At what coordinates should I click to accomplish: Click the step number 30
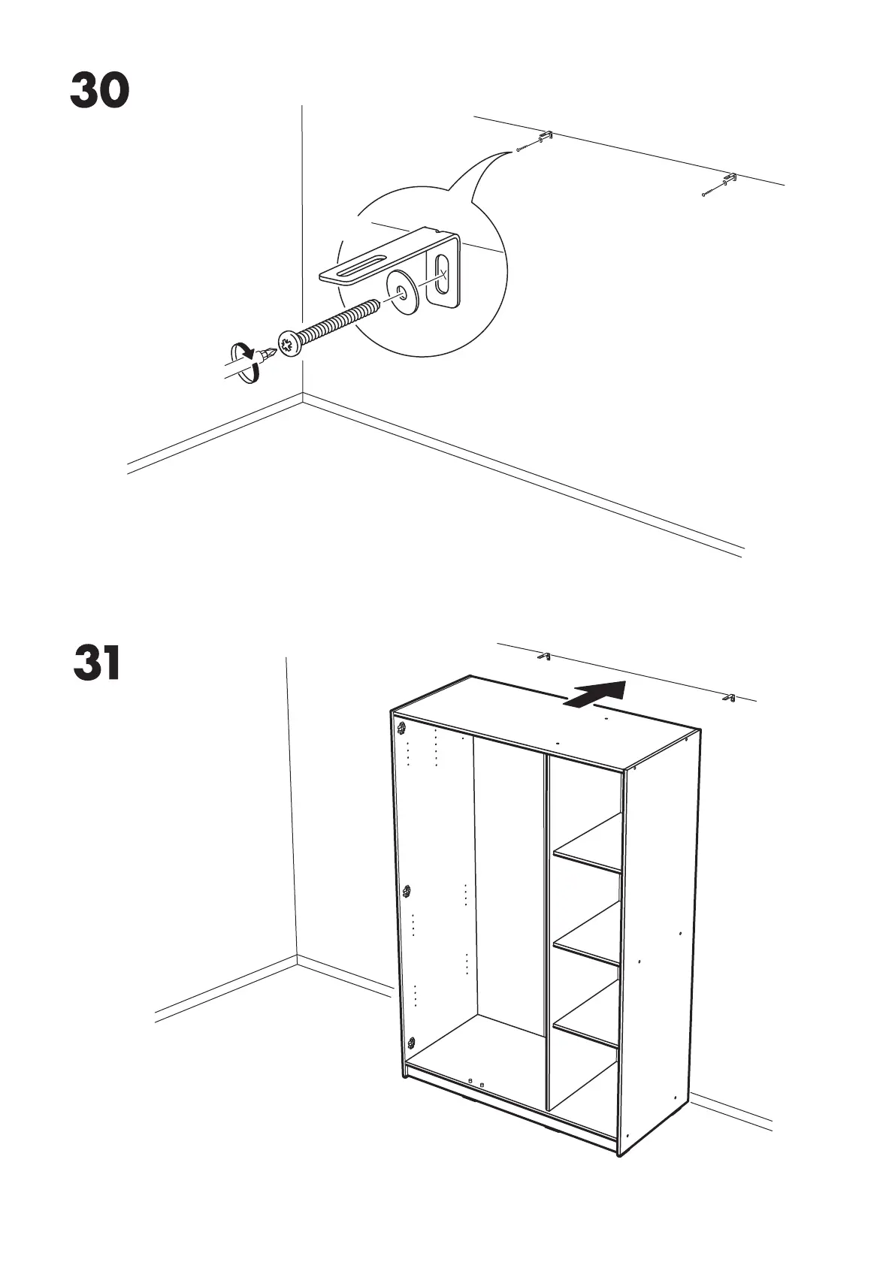point(100,91)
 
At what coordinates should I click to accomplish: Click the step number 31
point(98,663)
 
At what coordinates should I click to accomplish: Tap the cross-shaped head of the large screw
point(289,343)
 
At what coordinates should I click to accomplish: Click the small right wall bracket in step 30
point(728,180)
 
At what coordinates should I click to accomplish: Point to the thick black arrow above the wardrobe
point(596,694)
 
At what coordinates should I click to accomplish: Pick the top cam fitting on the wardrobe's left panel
point(402,727)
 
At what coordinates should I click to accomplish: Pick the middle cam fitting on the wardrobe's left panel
point(407,892)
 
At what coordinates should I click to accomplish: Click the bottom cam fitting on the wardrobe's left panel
point(411,1043)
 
